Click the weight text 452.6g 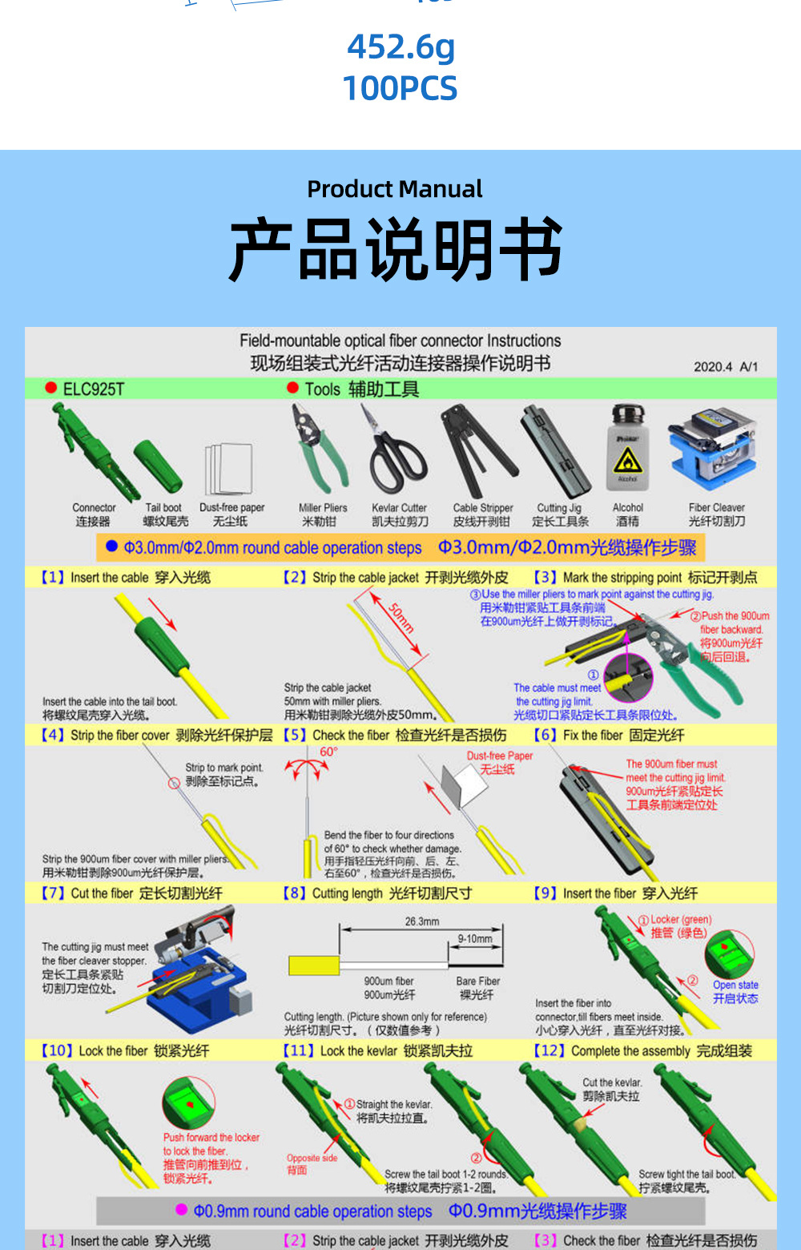(400, 47)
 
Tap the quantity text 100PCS (400, 88)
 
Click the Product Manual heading (394, 189)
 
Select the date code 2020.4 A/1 (725, 366)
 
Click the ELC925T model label (93, 389)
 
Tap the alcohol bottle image (627, 448)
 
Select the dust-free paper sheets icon (229, 470)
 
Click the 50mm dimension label (401, 619)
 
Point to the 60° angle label (328, 752)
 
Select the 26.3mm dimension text (422, 921)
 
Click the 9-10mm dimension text (475, 938)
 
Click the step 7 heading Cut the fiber (131, 893)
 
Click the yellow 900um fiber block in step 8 (314, 966)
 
